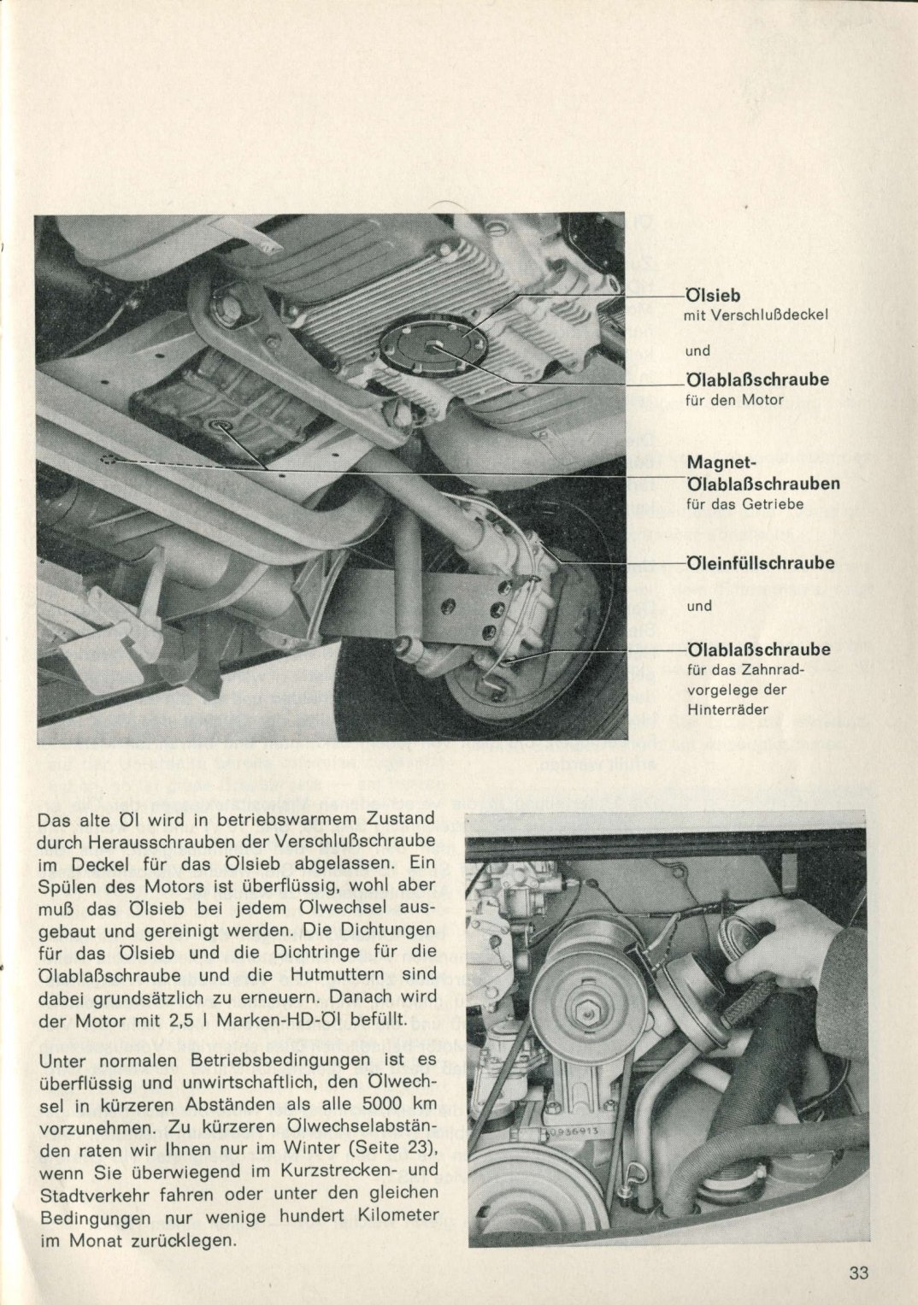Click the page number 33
click(859, 1273)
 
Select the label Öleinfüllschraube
click(761, 563)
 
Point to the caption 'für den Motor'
click(734, 400)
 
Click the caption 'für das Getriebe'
click(744, 504)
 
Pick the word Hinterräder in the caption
click(727, 709)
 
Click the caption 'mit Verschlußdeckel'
click(756, 314)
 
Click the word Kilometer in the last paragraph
click(395, 1214)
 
